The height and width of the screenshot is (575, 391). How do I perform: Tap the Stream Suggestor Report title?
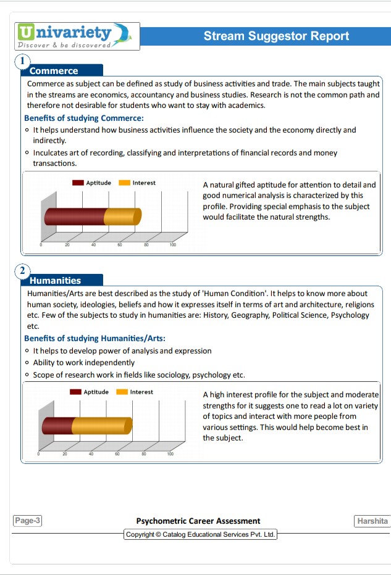click(276, 36)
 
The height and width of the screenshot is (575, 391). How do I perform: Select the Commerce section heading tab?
click(62, 70)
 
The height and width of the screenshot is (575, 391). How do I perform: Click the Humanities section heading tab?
click(62, 280)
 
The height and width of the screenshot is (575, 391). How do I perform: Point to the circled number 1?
click(22, 61)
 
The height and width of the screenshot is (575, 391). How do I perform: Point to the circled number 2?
click(22, 271)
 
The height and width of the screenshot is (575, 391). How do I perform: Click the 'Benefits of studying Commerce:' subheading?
click(84, 118)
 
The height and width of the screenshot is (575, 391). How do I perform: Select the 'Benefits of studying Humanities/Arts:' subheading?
click(95, 338)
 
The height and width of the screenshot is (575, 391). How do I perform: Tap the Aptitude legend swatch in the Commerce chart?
click(78, 183)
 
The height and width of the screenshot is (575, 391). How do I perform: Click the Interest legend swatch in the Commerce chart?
click(124, 183)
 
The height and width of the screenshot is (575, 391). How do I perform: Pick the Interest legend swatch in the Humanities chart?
click(122, 392)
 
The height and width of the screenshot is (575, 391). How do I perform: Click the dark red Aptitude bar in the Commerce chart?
click(75, 217)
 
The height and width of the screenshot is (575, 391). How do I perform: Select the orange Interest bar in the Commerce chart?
click(123, 217)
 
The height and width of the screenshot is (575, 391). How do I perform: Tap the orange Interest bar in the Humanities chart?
click(102, 426)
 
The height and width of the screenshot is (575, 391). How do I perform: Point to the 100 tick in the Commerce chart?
click(172, 244)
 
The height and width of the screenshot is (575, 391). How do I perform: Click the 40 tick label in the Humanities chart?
click(91, 453)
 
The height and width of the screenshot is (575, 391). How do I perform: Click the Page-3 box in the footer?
click(28, 520)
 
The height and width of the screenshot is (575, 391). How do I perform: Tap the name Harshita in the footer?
click(372, 521)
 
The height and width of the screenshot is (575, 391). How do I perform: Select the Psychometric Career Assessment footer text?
click(198, 521)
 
